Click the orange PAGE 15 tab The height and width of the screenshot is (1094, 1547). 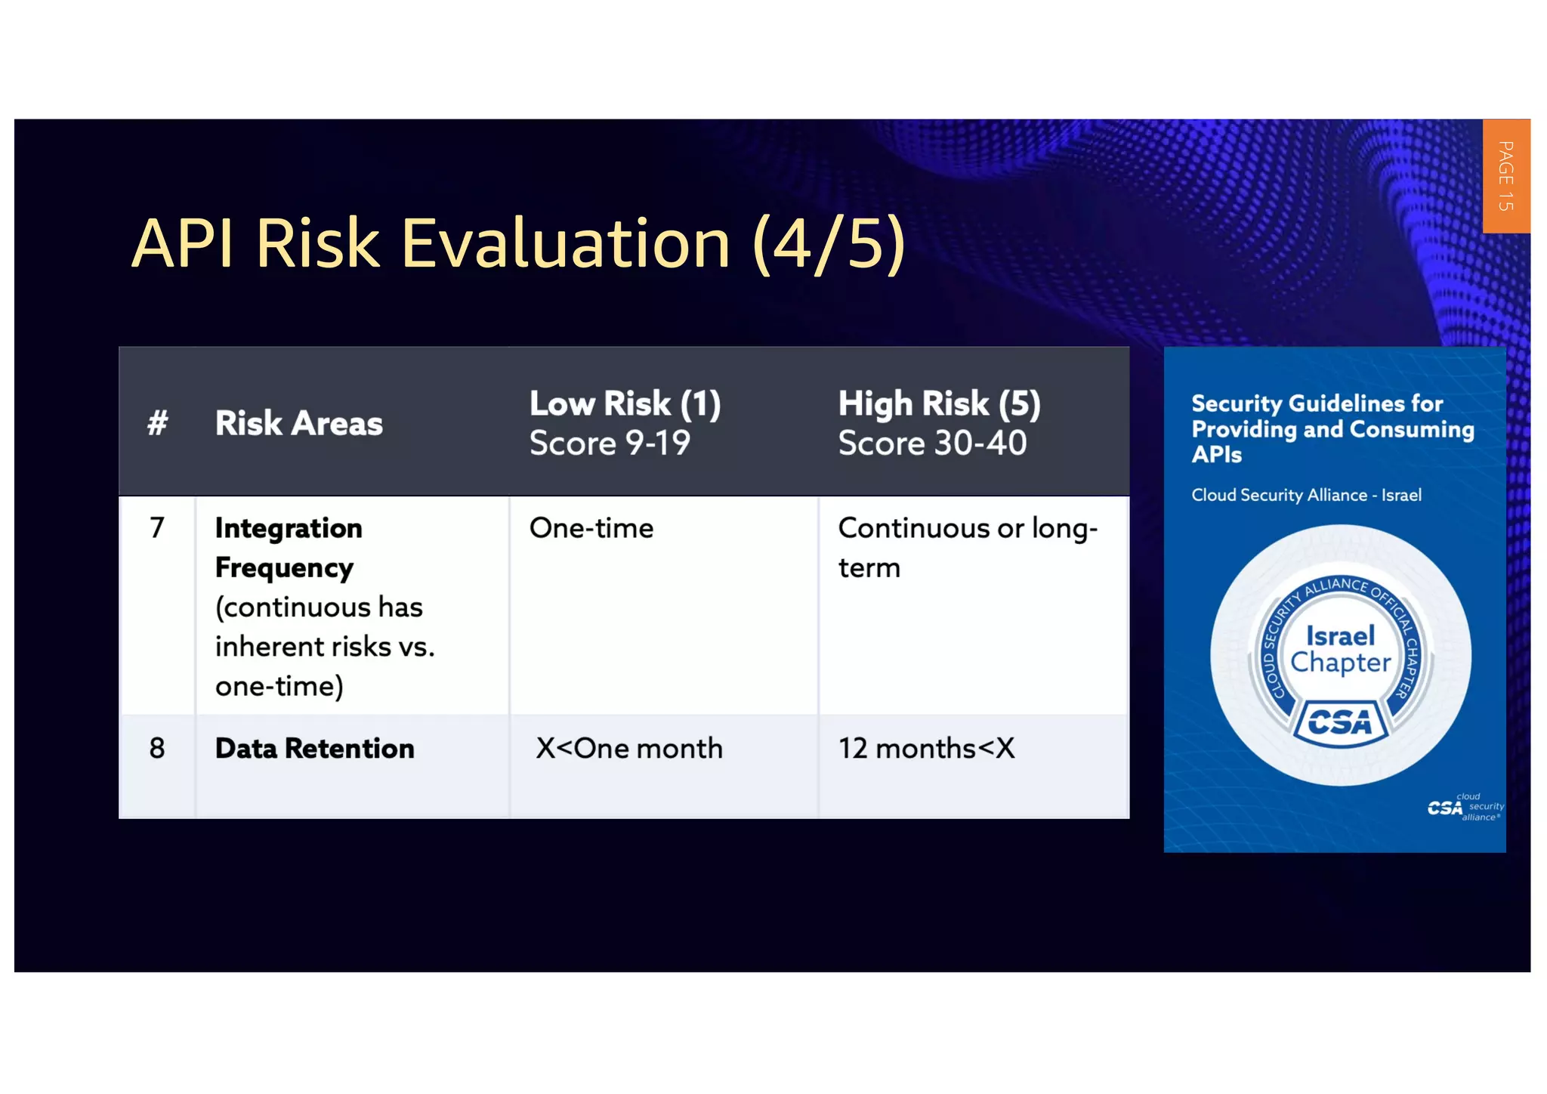(x=1505, y=176)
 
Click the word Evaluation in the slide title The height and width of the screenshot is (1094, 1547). (x=565, y=243)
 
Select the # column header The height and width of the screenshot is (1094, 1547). (x=157, y=423)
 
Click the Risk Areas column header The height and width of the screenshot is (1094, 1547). (x=298, y=423)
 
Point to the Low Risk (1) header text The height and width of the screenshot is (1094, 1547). (x=625, y=403)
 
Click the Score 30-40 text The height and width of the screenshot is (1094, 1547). (x=932, y=443)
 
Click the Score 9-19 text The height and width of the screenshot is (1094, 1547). (x=610, y=443)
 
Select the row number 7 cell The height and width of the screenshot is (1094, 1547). (x=157, y=527)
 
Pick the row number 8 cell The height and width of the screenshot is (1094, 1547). (x=157, y=749)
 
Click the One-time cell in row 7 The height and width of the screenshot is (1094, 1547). (x=591, y=528)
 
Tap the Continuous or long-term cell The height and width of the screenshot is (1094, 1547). (x=967, y=547)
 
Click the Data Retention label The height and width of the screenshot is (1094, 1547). (x=314, y=749)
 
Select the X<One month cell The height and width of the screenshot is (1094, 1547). (x=628, y=749)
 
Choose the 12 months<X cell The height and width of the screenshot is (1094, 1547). (x=926, y=749)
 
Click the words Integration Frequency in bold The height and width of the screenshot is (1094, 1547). (x=289, y=547)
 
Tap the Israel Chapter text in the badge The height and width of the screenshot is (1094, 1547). (x=1340, y=649)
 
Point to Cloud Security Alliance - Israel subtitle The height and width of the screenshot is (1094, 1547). (x=1306, y=496)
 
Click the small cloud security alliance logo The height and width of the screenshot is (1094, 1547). (x=1464, y=808)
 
